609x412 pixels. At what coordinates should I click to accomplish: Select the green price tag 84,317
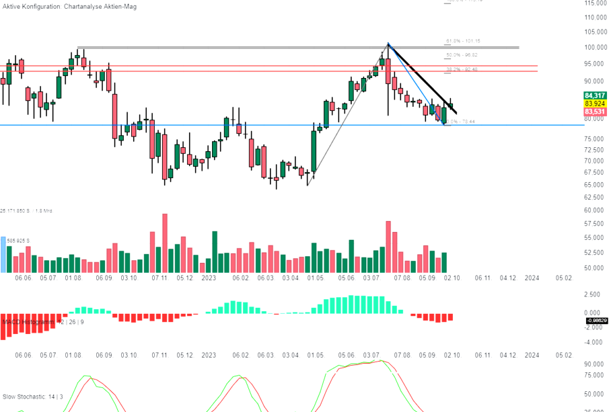pos(595,95)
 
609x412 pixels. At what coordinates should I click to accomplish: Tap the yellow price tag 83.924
pos(595,104)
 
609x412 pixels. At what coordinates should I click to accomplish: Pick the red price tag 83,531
pos(595,112)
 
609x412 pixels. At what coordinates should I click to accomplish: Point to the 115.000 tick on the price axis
pos(595,3)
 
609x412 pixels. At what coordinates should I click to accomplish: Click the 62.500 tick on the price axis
pos(595,197)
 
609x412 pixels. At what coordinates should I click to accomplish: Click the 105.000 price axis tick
pos(595,32)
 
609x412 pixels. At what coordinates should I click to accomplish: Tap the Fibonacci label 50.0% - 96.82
pos(462,55)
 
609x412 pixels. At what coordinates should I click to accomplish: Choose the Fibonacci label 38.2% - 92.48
pos(462,69)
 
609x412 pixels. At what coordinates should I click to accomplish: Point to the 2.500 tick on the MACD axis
pos(592,294)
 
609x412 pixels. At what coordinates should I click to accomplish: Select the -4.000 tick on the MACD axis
pos(592,341)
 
